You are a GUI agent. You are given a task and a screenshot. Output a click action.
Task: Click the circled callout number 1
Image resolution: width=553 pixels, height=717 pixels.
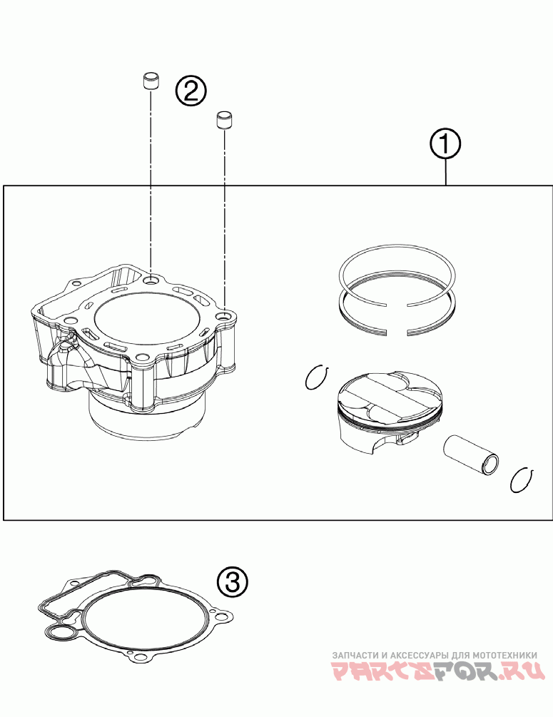pos(445,145)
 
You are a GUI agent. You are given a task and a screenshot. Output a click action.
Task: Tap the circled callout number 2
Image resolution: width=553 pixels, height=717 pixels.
pos(191,91)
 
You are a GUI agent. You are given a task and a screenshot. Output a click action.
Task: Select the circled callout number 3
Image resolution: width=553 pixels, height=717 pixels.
pos(232,582)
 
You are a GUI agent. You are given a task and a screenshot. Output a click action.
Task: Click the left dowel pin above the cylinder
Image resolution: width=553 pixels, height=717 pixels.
pos(150,81)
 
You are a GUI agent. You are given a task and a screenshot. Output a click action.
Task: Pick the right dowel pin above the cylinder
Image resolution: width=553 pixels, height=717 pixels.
pos(225,120)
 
